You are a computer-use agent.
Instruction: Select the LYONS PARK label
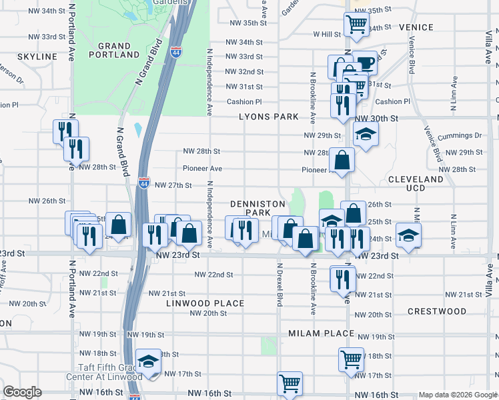click(x=270, y=117)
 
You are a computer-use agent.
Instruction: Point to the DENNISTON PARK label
click(x=258, y=208)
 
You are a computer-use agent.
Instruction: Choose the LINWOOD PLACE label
click(x=205, y=303)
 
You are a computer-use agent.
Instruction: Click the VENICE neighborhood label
click(x=416, y=27)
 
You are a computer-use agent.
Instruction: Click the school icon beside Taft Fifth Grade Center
click(x=148, y=362)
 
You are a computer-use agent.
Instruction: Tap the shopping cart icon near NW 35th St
click(x=356, y=24)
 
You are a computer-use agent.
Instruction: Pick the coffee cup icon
click(x=364, y=63)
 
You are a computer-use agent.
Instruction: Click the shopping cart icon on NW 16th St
click(x=290, y=383)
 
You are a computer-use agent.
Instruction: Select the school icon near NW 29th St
click(x=366, y=135)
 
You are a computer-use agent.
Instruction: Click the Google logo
click(x=22, y=392)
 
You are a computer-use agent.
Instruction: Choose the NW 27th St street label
click(x=173, y=185)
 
